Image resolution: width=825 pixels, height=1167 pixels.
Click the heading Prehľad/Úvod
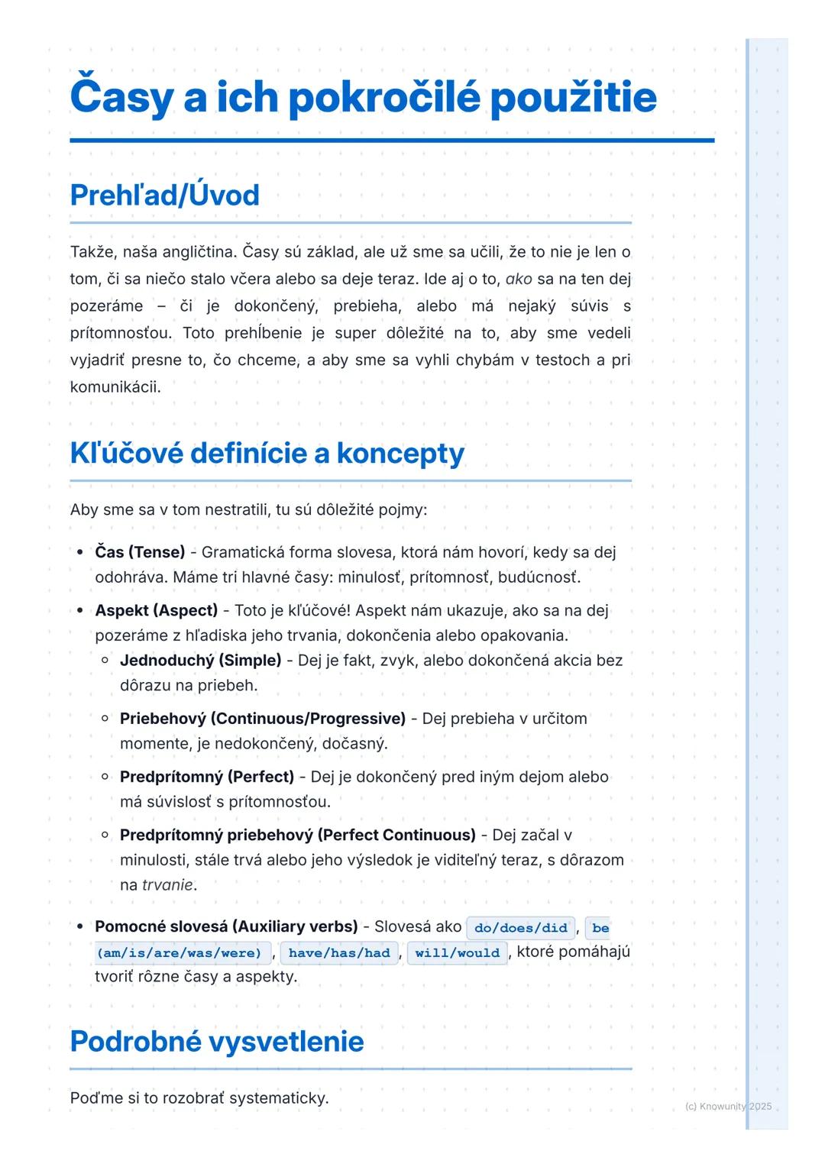[x=164, y=196]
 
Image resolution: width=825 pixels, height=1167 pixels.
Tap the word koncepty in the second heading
[x=400, y=453]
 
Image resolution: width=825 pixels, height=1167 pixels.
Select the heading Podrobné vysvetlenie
[x=216, y=1041]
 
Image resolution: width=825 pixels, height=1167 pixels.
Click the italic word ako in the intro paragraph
[x=519, y=279]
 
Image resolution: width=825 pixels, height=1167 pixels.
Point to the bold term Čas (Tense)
[x=140, y=551]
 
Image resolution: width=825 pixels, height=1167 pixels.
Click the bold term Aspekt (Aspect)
[x=156, y=610]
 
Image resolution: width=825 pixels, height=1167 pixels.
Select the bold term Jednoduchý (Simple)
[x=200, y=660]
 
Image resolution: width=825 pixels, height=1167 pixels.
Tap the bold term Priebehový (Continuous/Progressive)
[x=262, y=718]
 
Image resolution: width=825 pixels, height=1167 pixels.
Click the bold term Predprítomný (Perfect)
[x=206, y=777]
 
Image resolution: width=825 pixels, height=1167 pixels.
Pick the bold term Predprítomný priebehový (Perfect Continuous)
[x=297, y=835]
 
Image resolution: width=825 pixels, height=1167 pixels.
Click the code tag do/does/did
[x=520, y=928]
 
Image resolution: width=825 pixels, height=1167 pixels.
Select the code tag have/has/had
[x=338, y=952]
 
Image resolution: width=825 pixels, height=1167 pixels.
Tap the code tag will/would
[x=457, y=952]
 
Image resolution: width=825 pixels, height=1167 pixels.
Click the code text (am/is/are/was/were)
[x=179, y=952]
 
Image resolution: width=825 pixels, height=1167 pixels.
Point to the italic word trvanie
[x=167, y=884]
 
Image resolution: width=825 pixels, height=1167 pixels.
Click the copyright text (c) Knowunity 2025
[x=728, y=1106]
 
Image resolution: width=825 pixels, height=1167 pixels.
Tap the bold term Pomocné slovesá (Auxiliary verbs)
[x=226, y=926]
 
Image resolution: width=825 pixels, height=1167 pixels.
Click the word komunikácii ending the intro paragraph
[x=115, y=386]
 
